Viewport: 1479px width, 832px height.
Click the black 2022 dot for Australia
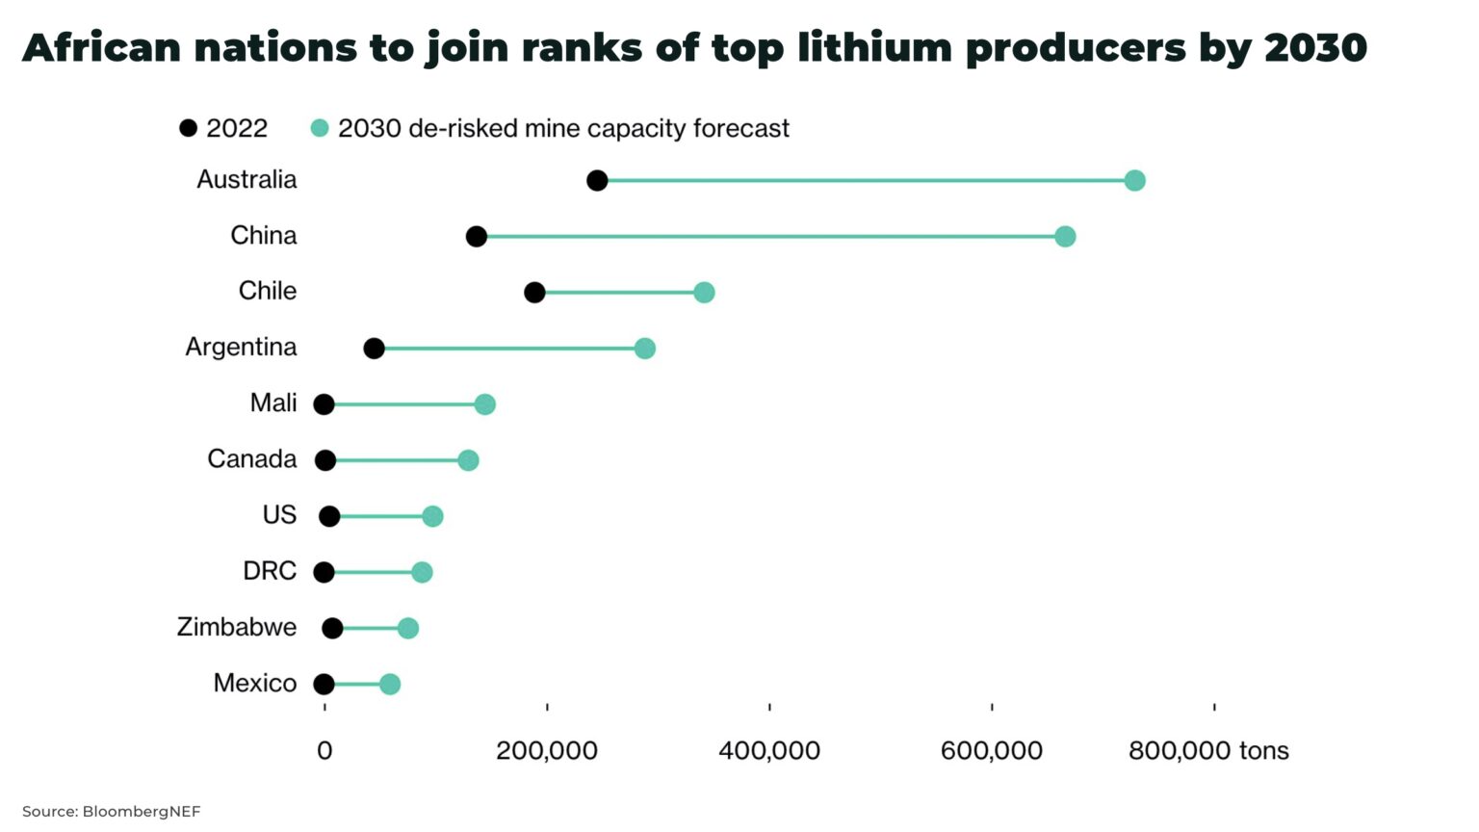coord(597,181)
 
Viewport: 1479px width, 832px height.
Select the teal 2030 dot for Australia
coord(1134,181)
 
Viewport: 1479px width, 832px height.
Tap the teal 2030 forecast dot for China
coord(1064,237)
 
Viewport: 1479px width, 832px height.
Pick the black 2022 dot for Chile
coord(534,293)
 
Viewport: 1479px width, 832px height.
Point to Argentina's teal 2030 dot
coord(644,349)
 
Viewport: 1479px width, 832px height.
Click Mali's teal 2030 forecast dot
coord(484,404)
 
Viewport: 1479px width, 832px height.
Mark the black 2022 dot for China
coord(476,237)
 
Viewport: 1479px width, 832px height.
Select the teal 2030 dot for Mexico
coord(389,685)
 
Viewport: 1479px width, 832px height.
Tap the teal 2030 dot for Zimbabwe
coord(407,629)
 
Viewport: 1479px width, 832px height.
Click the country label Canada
coord(251,459)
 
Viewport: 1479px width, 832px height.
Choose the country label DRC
coord(269,571)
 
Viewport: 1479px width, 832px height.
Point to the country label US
coord(279,515)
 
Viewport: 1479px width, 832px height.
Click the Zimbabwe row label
coord(236,627)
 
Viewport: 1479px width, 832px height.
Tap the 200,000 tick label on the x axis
coord(546,751)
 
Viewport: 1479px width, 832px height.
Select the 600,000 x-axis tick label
coord(991,751)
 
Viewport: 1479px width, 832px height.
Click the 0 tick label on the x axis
coord(324,751)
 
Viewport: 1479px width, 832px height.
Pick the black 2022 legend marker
coord(189,128)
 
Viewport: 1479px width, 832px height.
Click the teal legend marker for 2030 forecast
coord(320,128)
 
